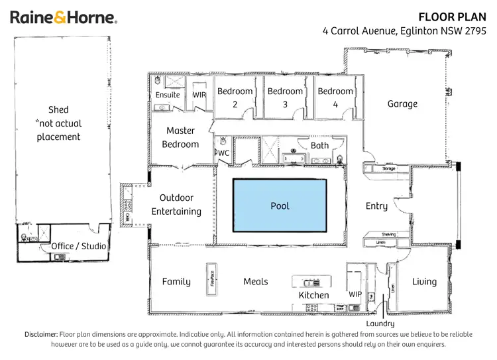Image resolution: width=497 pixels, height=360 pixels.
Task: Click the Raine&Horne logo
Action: pos(64,18)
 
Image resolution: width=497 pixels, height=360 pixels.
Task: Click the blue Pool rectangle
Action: pos(280,206)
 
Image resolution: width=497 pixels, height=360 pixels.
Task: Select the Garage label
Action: pos(402,103)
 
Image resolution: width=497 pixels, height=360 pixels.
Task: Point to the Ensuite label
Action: pos(168,95)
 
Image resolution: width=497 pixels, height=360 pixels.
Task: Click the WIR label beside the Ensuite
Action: pos(199,95)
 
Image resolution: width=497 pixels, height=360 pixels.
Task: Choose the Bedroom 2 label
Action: pos(235,97)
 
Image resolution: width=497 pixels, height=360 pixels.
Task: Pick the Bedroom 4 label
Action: pos(335,97)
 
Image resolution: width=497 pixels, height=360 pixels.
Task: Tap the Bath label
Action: pos(319,145)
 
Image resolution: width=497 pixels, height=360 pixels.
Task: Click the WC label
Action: pos(224,153)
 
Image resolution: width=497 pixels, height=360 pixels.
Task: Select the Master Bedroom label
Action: pos(180,137)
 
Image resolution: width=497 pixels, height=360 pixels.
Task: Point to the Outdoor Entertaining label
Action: pos(176,204)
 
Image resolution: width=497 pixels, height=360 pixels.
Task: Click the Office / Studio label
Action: pos(79,247)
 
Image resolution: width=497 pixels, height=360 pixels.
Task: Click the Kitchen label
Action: pos(313,295)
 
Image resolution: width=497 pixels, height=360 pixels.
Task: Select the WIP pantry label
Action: pos(355,294)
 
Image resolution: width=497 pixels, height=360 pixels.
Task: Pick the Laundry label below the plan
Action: pos(380,324)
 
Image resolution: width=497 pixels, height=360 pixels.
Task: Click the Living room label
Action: pos(424,282)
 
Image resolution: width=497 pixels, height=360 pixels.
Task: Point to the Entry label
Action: pos(376,206)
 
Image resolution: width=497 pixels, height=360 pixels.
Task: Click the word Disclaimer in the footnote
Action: pos(41,334)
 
